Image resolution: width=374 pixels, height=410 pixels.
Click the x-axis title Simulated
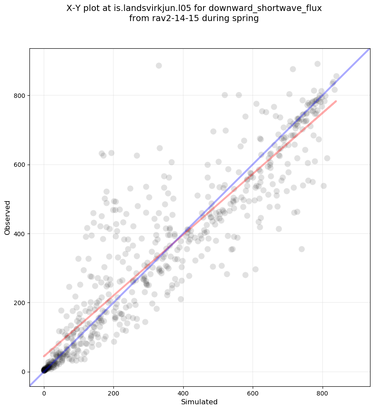(x=200, y=402)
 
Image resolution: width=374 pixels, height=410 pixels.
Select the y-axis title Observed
(x=7, y=218)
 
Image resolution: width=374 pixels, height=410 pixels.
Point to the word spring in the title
(x=247, y=18)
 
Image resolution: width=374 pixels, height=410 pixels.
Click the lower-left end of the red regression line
(x=44, y=356)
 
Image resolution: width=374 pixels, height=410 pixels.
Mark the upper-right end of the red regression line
(x=336, y=101)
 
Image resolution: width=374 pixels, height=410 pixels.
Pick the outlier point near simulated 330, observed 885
(x=159, y=66)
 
